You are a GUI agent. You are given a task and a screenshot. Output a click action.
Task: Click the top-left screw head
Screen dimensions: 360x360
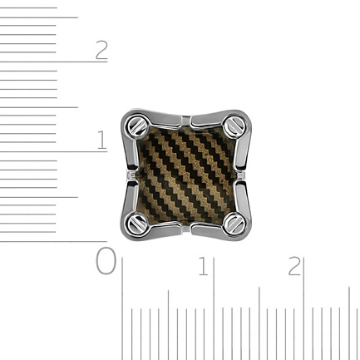[x=137, y=126]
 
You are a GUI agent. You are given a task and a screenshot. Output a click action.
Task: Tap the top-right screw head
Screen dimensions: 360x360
[x=234, y=126]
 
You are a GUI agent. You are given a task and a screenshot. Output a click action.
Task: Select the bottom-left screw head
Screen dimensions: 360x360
[x=137, y=223]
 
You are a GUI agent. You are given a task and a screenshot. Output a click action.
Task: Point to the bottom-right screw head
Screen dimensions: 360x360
[x=234, y=224]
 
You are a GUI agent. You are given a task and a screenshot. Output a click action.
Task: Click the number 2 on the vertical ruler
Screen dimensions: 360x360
[x=101, y=50]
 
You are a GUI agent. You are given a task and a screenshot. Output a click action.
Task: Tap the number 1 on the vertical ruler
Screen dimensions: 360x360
[x=102, y=140]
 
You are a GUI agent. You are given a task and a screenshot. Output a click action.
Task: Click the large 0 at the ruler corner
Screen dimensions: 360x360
[x=106, y=261]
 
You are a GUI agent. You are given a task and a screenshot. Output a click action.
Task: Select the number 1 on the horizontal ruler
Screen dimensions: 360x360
[x=204, y=266]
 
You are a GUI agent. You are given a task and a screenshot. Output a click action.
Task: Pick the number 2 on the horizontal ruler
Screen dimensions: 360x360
[x=294, y=266]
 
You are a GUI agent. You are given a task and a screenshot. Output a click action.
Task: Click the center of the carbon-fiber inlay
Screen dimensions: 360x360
[x=186, y=175]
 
